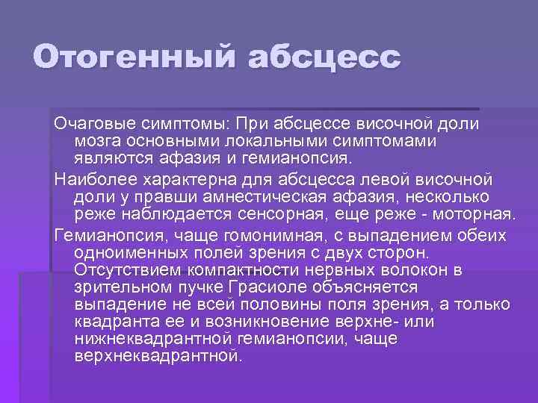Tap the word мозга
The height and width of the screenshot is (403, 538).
pyautogui.click(x=95, y=140)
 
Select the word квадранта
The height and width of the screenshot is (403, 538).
pyautogui.click(x=113, y=321)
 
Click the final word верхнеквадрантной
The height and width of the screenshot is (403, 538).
pyautogui.click(x=158, y=355)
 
